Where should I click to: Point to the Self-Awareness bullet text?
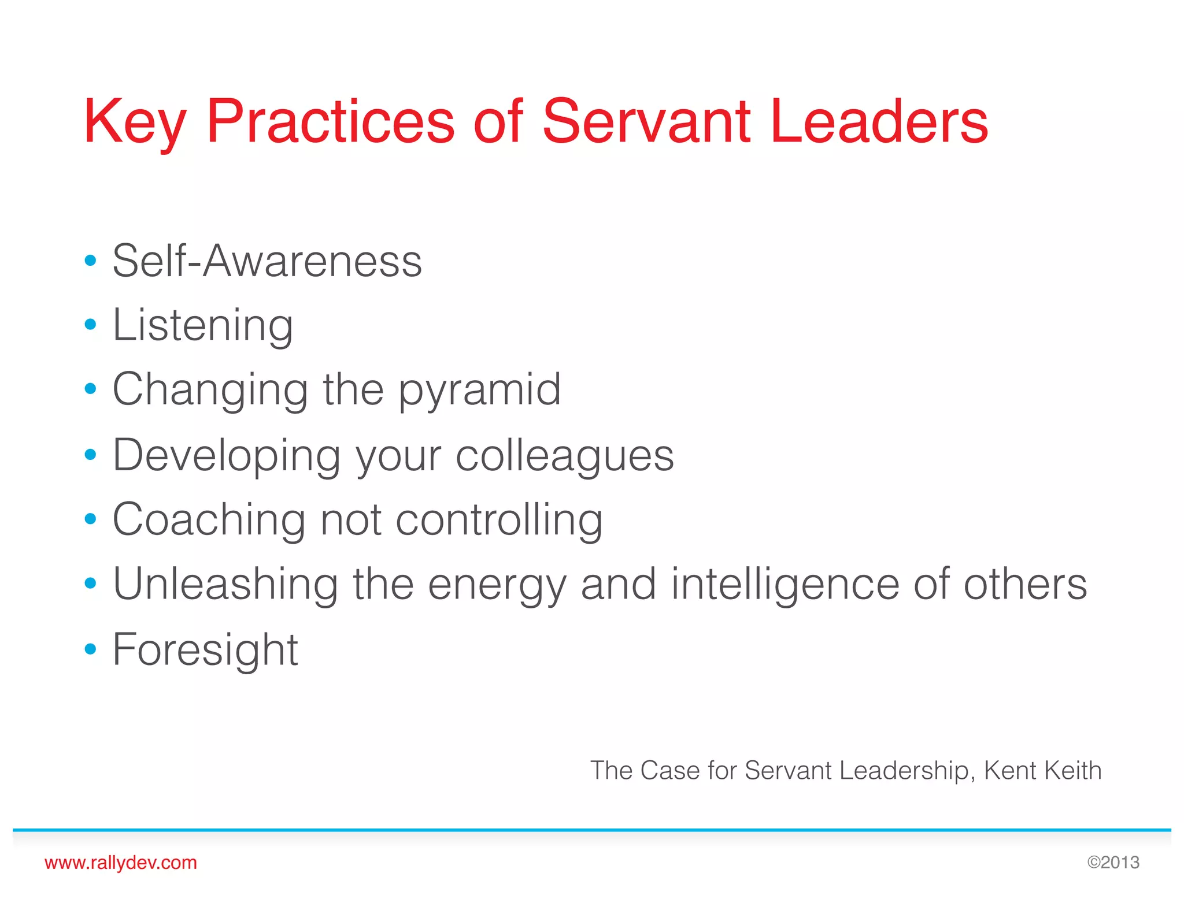coord(267,261)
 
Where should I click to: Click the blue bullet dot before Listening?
coord(90,325)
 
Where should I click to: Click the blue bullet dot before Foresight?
coord(90,649)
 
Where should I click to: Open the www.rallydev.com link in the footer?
coord(121,863)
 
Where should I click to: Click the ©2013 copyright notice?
coord(1113,863)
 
